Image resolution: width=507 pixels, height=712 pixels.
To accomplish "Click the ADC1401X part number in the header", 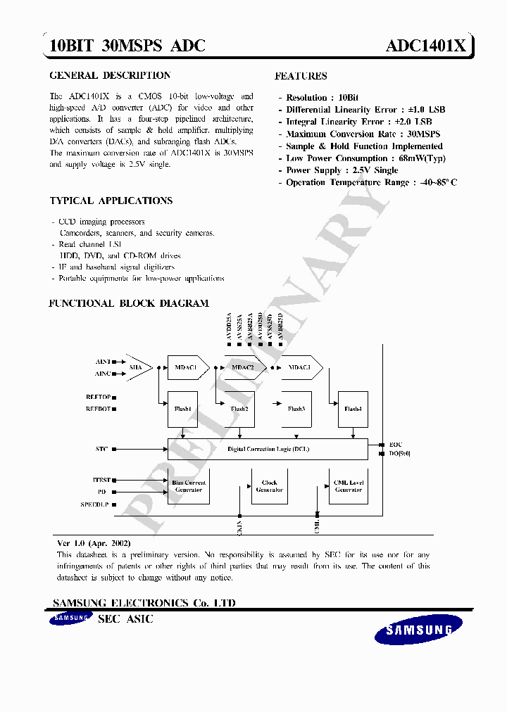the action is click(x=425, y=46).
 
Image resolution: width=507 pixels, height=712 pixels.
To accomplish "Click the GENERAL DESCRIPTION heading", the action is click(x=110, y=75).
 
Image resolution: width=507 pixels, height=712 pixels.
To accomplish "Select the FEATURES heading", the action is click(x=301, y=76).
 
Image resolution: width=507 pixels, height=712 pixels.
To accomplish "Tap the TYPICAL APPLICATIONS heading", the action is click(x=111, y=201).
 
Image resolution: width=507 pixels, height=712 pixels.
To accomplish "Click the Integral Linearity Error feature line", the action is click(x=358, y=122).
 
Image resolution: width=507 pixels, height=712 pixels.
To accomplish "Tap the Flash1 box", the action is click(x=182, y=409).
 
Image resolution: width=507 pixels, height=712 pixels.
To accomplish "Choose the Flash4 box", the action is click(x=353, y=409).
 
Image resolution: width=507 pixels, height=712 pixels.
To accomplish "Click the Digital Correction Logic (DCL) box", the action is click(x=268, y=448).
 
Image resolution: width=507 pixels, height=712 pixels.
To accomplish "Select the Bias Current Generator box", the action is click(x=188, y=486).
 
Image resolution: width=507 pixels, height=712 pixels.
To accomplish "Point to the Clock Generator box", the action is click(x=269, y=486).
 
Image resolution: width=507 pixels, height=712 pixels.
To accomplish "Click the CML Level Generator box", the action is click(x=349, y=486).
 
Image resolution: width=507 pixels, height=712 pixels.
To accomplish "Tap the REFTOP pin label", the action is click(x=98, y=398).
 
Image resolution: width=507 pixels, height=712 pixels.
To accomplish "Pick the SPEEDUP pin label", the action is click(x=96, y=504).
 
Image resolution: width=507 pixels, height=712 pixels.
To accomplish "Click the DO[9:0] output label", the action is click(x=400, y=453).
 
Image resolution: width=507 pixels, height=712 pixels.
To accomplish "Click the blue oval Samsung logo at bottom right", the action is click(x=418, y=630).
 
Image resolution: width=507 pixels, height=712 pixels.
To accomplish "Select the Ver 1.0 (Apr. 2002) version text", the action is click(x=94, y=544).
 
